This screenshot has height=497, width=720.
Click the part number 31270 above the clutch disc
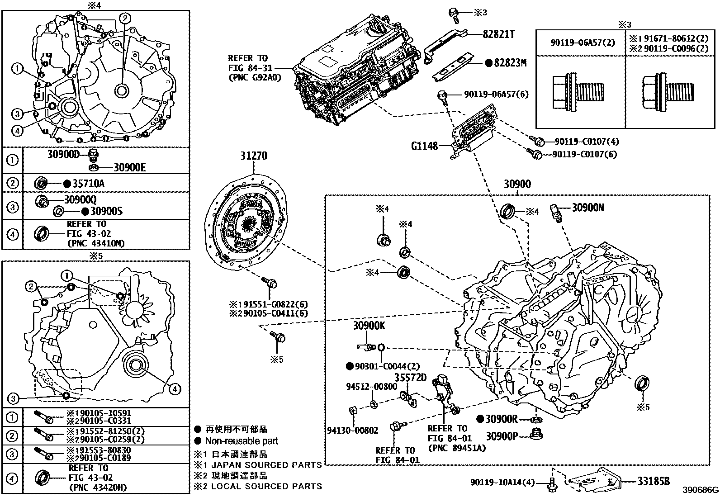(253, 156)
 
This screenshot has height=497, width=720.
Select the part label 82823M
(510, 63)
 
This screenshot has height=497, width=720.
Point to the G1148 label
(424, 146)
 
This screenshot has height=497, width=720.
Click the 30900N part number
(588, 208)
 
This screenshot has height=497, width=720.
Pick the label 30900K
(369, 326)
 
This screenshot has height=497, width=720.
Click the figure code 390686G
(701, 490)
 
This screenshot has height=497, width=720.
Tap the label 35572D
(411, 377)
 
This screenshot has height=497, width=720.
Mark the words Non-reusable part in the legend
(242, 441)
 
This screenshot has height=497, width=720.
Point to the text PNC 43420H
(98, 488)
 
